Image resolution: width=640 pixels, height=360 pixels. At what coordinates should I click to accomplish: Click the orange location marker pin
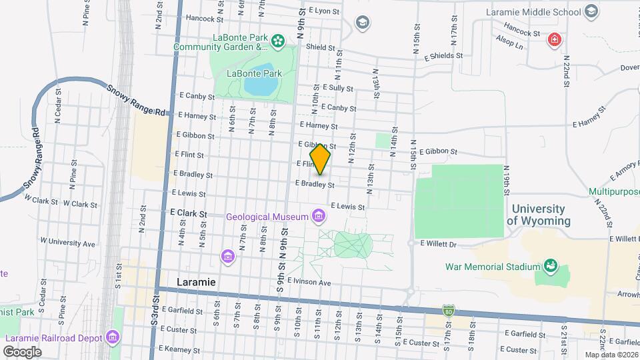[321, 159]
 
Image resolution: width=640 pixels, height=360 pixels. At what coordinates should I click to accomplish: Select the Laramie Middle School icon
[591, 11]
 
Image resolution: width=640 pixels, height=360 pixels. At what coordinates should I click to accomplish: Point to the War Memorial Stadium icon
[551, 267]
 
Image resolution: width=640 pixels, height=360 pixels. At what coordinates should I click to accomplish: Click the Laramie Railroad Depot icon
[113, 338]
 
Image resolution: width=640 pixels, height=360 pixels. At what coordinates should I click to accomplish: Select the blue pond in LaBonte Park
[261, 85]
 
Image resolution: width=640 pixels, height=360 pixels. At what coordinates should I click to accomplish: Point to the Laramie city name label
[196, 282]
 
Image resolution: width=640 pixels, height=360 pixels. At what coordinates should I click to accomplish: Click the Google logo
[22, 351]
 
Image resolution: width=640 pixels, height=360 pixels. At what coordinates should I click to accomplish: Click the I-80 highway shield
[449, 311]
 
